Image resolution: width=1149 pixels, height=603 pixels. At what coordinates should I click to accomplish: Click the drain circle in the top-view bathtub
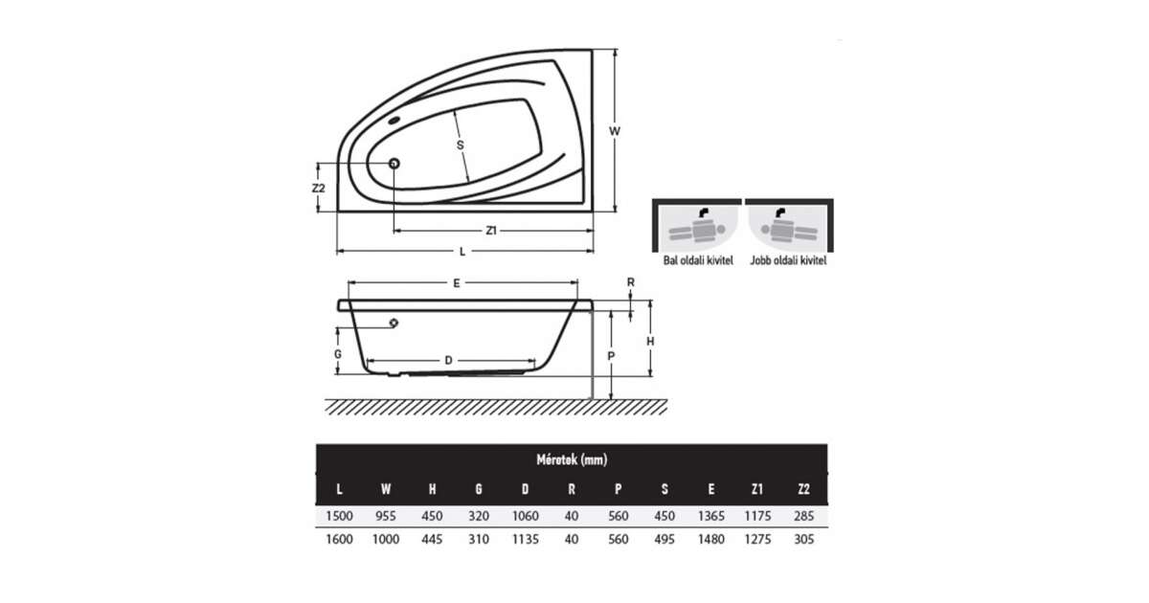coord(394,164)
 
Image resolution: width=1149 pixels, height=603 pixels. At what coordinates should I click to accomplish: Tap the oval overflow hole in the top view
coord(394,121)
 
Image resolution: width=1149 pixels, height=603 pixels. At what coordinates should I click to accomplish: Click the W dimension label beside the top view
coord(615,131)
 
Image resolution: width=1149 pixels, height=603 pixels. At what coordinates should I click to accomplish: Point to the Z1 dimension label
coord(491,231)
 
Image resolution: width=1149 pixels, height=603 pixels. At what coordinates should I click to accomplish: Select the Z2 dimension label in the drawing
coord(319,189)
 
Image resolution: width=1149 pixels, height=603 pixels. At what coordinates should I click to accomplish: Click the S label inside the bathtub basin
coord(461,145)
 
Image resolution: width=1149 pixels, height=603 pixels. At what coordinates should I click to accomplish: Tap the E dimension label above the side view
coord(457,283)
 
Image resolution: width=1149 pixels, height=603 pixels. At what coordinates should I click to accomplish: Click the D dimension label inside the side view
coord(448,361)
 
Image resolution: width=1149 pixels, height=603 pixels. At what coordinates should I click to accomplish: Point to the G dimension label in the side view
coord(337,354)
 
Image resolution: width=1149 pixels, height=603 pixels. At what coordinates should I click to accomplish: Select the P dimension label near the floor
coord(611,356)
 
